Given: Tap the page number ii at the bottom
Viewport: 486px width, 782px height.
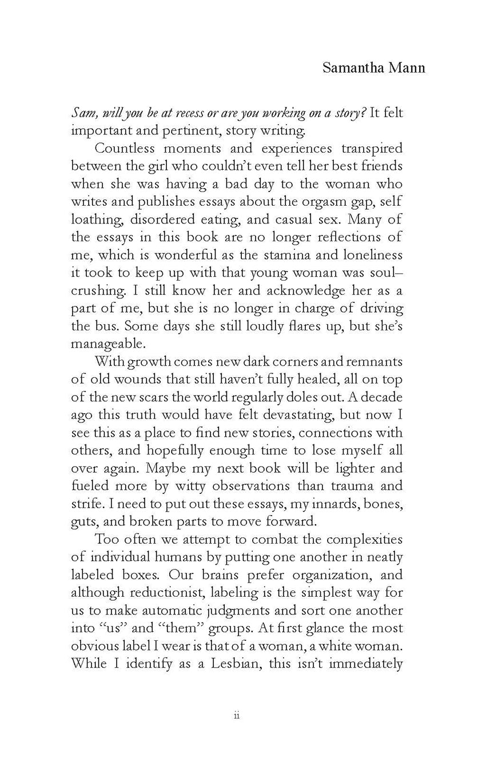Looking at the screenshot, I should (237, 716).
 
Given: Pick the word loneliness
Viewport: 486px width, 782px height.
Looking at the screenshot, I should (371, 255).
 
